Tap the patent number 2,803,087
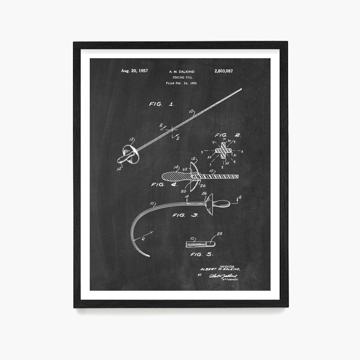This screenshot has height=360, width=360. (x=223, y=71)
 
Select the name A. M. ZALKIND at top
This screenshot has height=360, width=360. (x=181, y=72)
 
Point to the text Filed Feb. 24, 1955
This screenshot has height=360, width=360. (x=181, y=83)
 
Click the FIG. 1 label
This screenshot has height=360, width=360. (x=161, y=104)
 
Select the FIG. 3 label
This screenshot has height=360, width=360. (x=185, y=215)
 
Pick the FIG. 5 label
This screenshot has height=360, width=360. (x=202, y=254)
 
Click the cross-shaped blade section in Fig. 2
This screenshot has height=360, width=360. (x=224, y=150)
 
